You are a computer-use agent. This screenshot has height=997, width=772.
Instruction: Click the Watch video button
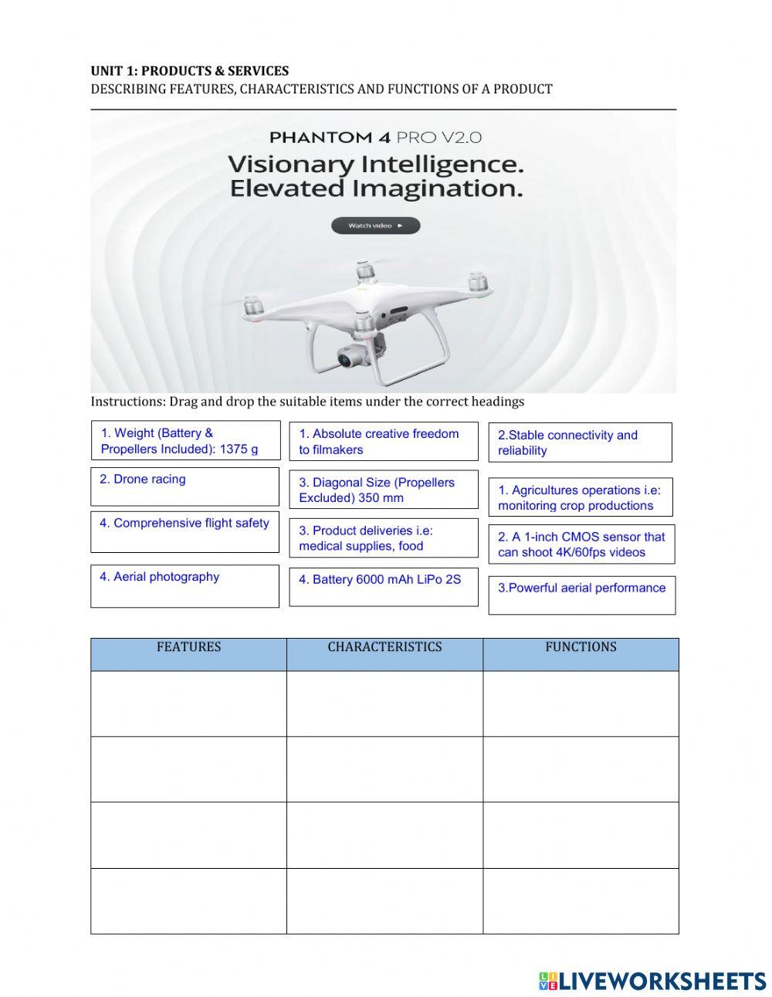(x=375, y=226)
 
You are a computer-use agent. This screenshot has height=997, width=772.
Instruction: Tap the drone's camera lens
(x=346, y=358)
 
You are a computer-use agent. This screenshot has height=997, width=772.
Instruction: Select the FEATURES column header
(x=188, y=647)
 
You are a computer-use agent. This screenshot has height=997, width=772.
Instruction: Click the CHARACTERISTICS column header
(x=384, y=647)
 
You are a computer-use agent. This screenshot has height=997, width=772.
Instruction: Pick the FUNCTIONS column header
(x=581, y=647)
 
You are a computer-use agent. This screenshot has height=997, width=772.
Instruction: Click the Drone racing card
(x=185, y=487)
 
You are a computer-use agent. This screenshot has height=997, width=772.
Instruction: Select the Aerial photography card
(x=185, y=585)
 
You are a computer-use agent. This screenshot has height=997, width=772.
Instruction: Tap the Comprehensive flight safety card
(x=185, y=531)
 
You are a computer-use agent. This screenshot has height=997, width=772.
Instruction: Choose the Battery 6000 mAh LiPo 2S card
(x=383, y=587)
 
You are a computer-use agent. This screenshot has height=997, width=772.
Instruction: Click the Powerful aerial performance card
(x=581, y=595)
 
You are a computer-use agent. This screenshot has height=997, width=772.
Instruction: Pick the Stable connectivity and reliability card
(x=580, y=443)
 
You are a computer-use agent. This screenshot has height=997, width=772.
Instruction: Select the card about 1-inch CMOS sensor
(x=581, y=544)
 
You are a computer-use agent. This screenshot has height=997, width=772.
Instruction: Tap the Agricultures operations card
(x=580, y=497)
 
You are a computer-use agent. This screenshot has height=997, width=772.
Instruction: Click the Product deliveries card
(x=383, y=537)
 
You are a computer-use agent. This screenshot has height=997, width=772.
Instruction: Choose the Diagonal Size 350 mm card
(x=383, y=490)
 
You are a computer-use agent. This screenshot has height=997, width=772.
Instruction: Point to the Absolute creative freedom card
(x=383, y=441)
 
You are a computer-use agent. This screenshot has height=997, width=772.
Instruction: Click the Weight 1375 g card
(x=185, y=440)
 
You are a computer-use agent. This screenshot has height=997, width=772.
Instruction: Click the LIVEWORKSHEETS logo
(x=652, y=981)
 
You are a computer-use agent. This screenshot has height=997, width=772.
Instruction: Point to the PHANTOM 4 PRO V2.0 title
(x=375, y=137)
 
